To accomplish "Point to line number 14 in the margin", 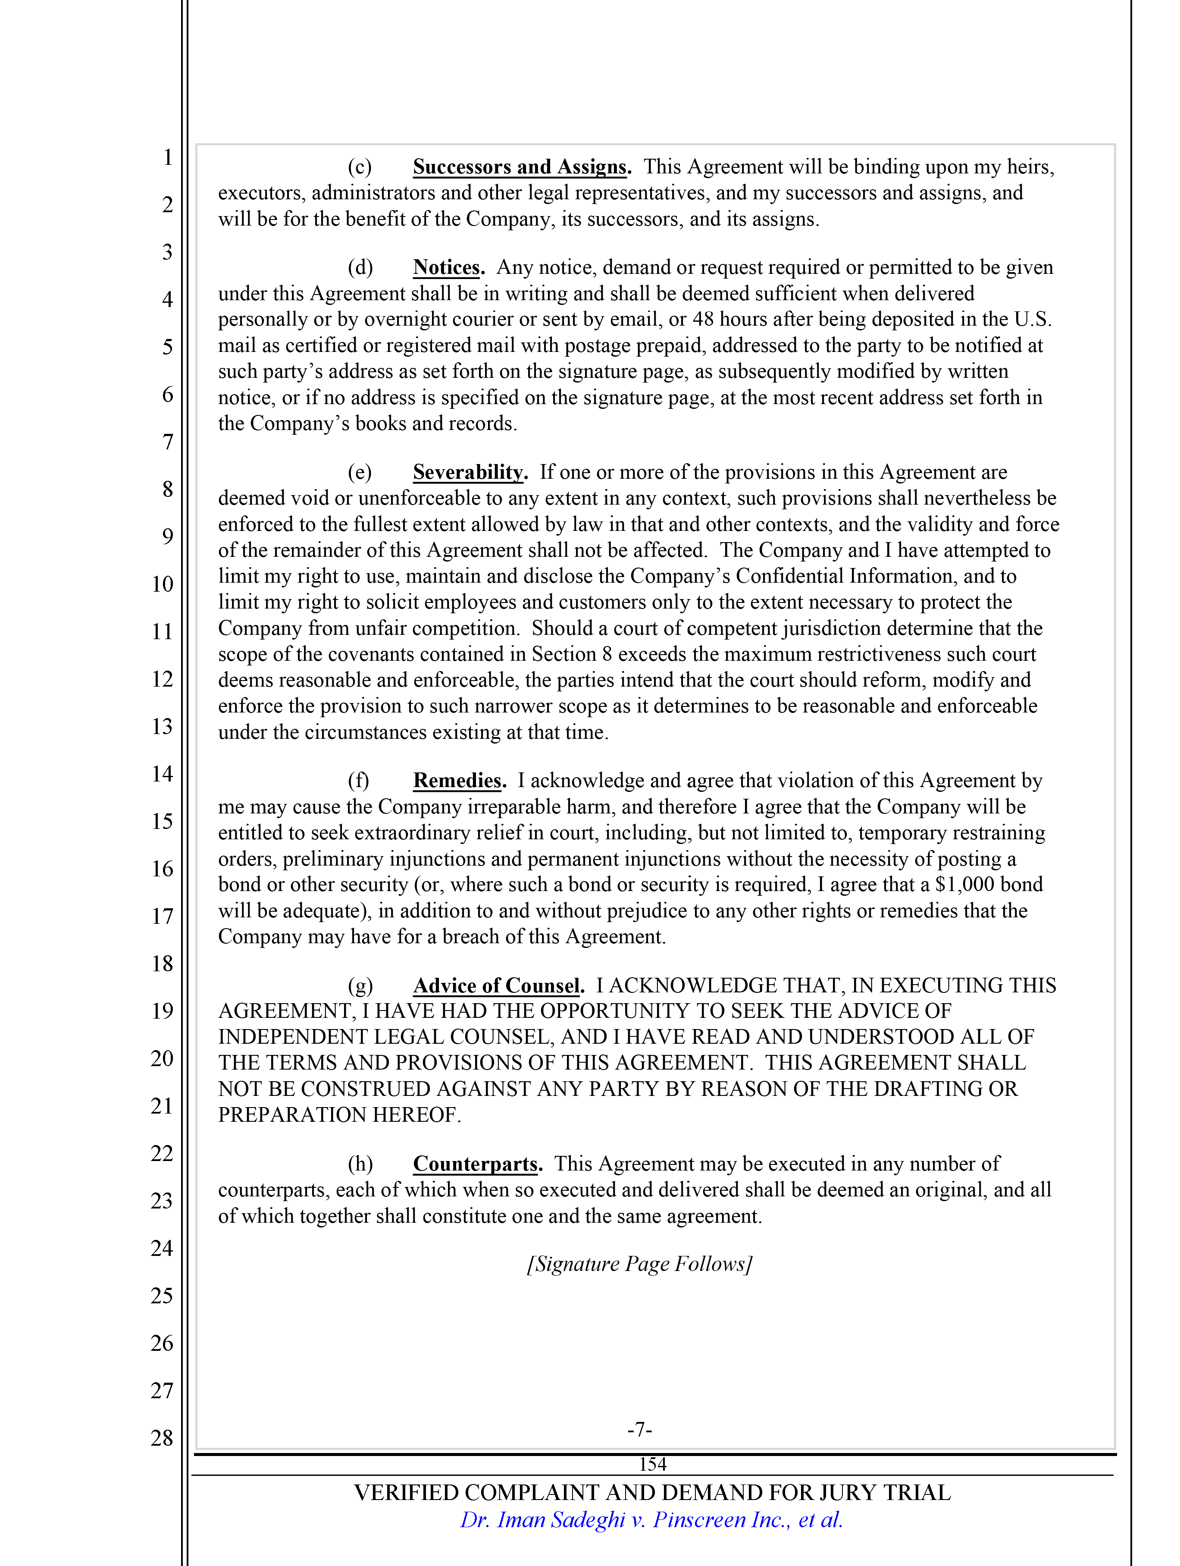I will (x=162, y=774).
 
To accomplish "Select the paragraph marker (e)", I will (x=360, y=472).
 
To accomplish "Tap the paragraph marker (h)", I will (x=360, y=1164).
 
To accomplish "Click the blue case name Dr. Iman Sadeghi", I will (x=543, y=1519).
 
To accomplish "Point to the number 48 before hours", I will (x=703, y=319).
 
